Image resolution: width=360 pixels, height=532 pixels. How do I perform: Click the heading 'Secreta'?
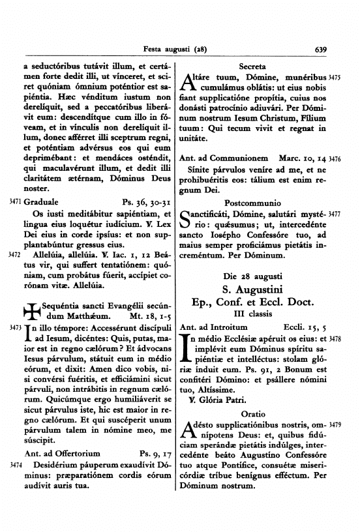point(252,66)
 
